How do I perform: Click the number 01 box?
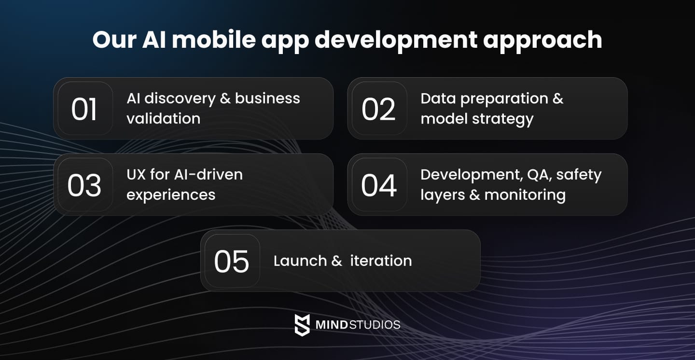[x=85, y=109]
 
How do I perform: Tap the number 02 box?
[x=379, y=109]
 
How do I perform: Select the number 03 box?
[x=85, y=185]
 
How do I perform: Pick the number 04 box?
[x=379, y=185]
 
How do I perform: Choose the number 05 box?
[x=232, y=261]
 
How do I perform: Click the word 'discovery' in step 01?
[x=180, y=98]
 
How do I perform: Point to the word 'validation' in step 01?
[x=163, y=119]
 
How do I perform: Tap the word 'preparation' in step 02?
[x=504, y=98]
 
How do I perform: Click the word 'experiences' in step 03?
[x=171, y=195]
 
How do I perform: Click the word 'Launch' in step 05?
[x=300, y=261]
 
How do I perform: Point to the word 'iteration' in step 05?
[x=381, y=261]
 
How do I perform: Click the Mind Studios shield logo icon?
[x=302, y=325]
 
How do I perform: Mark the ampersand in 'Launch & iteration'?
[x=336, y=261]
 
